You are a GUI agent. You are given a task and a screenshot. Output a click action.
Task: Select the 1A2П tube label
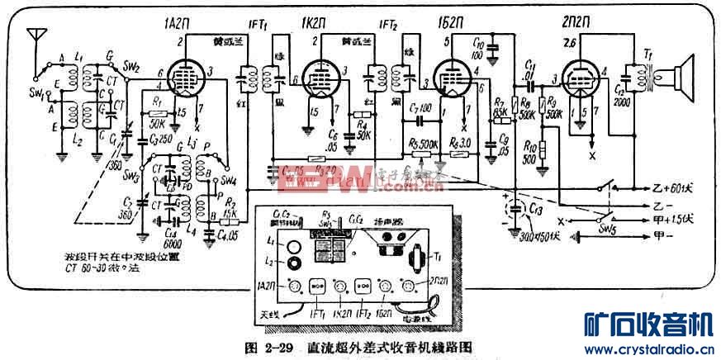point(189,28)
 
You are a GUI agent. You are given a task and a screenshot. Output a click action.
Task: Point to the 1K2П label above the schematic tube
point(312,28)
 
